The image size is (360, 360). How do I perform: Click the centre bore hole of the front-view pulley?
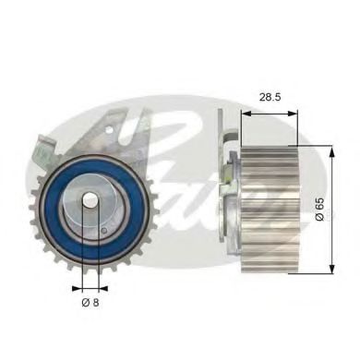click(90, 204)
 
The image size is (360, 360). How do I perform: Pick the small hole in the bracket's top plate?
click(119, 126)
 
